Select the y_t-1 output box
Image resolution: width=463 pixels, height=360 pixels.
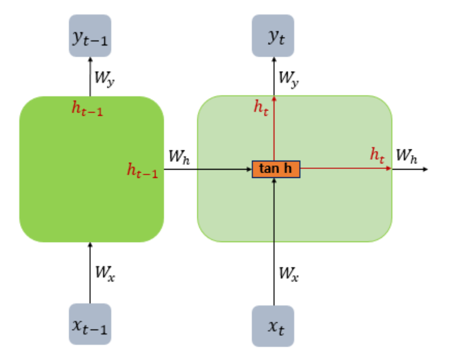pos(90,37)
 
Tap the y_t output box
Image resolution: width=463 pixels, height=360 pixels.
pos(274,36)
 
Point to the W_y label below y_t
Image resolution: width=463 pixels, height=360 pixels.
pos(289,78)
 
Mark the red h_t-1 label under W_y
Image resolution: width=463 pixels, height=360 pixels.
pos(88,108)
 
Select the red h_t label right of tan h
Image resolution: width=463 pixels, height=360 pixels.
pos(377,156)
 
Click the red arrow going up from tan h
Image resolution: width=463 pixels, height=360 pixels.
pos(274,131)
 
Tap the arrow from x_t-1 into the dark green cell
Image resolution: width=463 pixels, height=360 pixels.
pos(90,272)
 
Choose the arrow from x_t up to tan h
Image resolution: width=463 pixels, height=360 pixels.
pos(274,241)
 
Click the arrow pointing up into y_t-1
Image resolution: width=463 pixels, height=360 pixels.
pos(90,76)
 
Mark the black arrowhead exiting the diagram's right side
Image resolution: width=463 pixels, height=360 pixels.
pos(424,168)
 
